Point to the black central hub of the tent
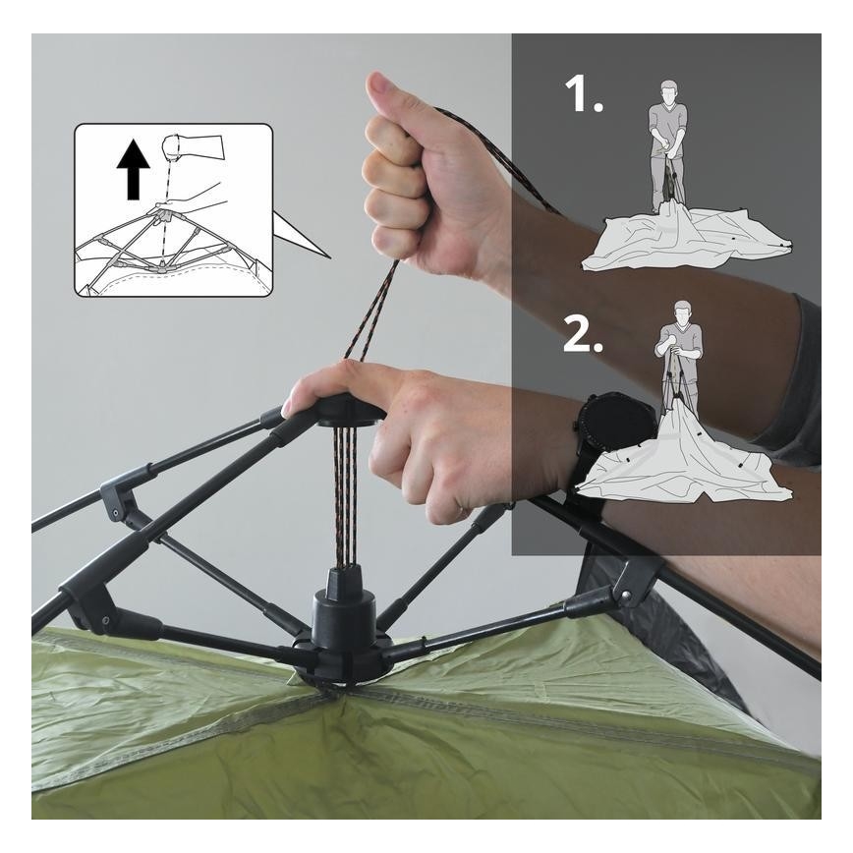click(x=343, y=628)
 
